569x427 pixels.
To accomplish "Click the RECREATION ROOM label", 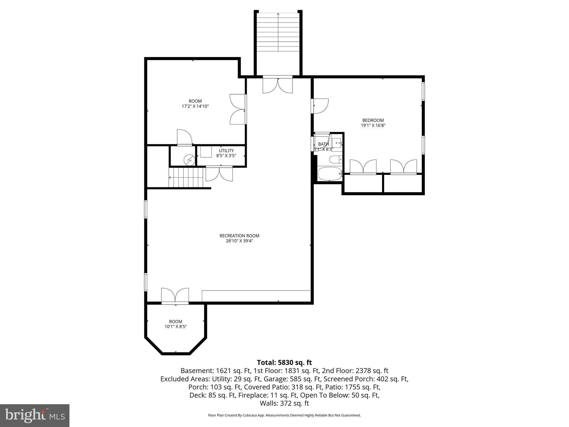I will pyautogui.click(x=239, y=236).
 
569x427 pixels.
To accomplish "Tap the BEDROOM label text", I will pyautogui.click(x=373, y=120).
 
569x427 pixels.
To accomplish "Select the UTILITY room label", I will pyautogui.click(x=226, y=151).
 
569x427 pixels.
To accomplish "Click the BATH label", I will pyautogui.click(x=323, y=144).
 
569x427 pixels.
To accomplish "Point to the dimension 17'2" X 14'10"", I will pyautogui.click(x=195, y=106).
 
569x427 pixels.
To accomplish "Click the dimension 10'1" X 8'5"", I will pyautogui.click(x=176, y=327).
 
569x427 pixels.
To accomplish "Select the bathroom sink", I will pyautogui.click(x=337, y=143).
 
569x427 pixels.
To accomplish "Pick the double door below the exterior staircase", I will pyautogui.click(x=278, y=85).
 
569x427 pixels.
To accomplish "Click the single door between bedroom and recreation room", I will pyautogui.click(x=320, y=106).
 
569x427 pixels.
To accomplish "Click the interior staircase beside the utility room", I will pyautogui.click(x=186, y=178).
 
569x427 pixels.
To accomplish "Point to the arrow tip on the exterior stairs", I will pyautogui.click(x=278, y=13).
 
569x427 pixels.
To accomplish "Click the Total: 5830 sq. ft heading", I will pyautogui.click(x=284, y=363).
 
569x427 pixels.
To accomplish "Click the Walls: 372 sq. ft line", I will pyautogui.click(x=284, y=403).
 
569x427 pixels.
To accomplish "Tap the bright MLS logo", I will pyautogui.click(x=35, y=416).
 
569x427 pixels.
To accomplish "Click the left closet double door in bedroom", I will pyautogui.click(x=363, y=167).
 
